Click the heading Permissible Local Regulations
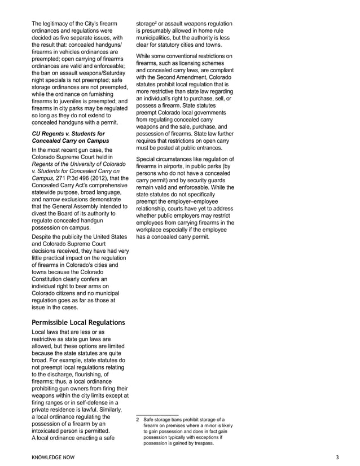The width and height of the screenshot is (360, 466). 78,322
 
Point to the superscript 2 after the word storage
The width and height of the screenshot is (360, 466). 156,22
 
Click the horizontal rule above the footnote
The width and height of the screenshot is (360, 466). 157,415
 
